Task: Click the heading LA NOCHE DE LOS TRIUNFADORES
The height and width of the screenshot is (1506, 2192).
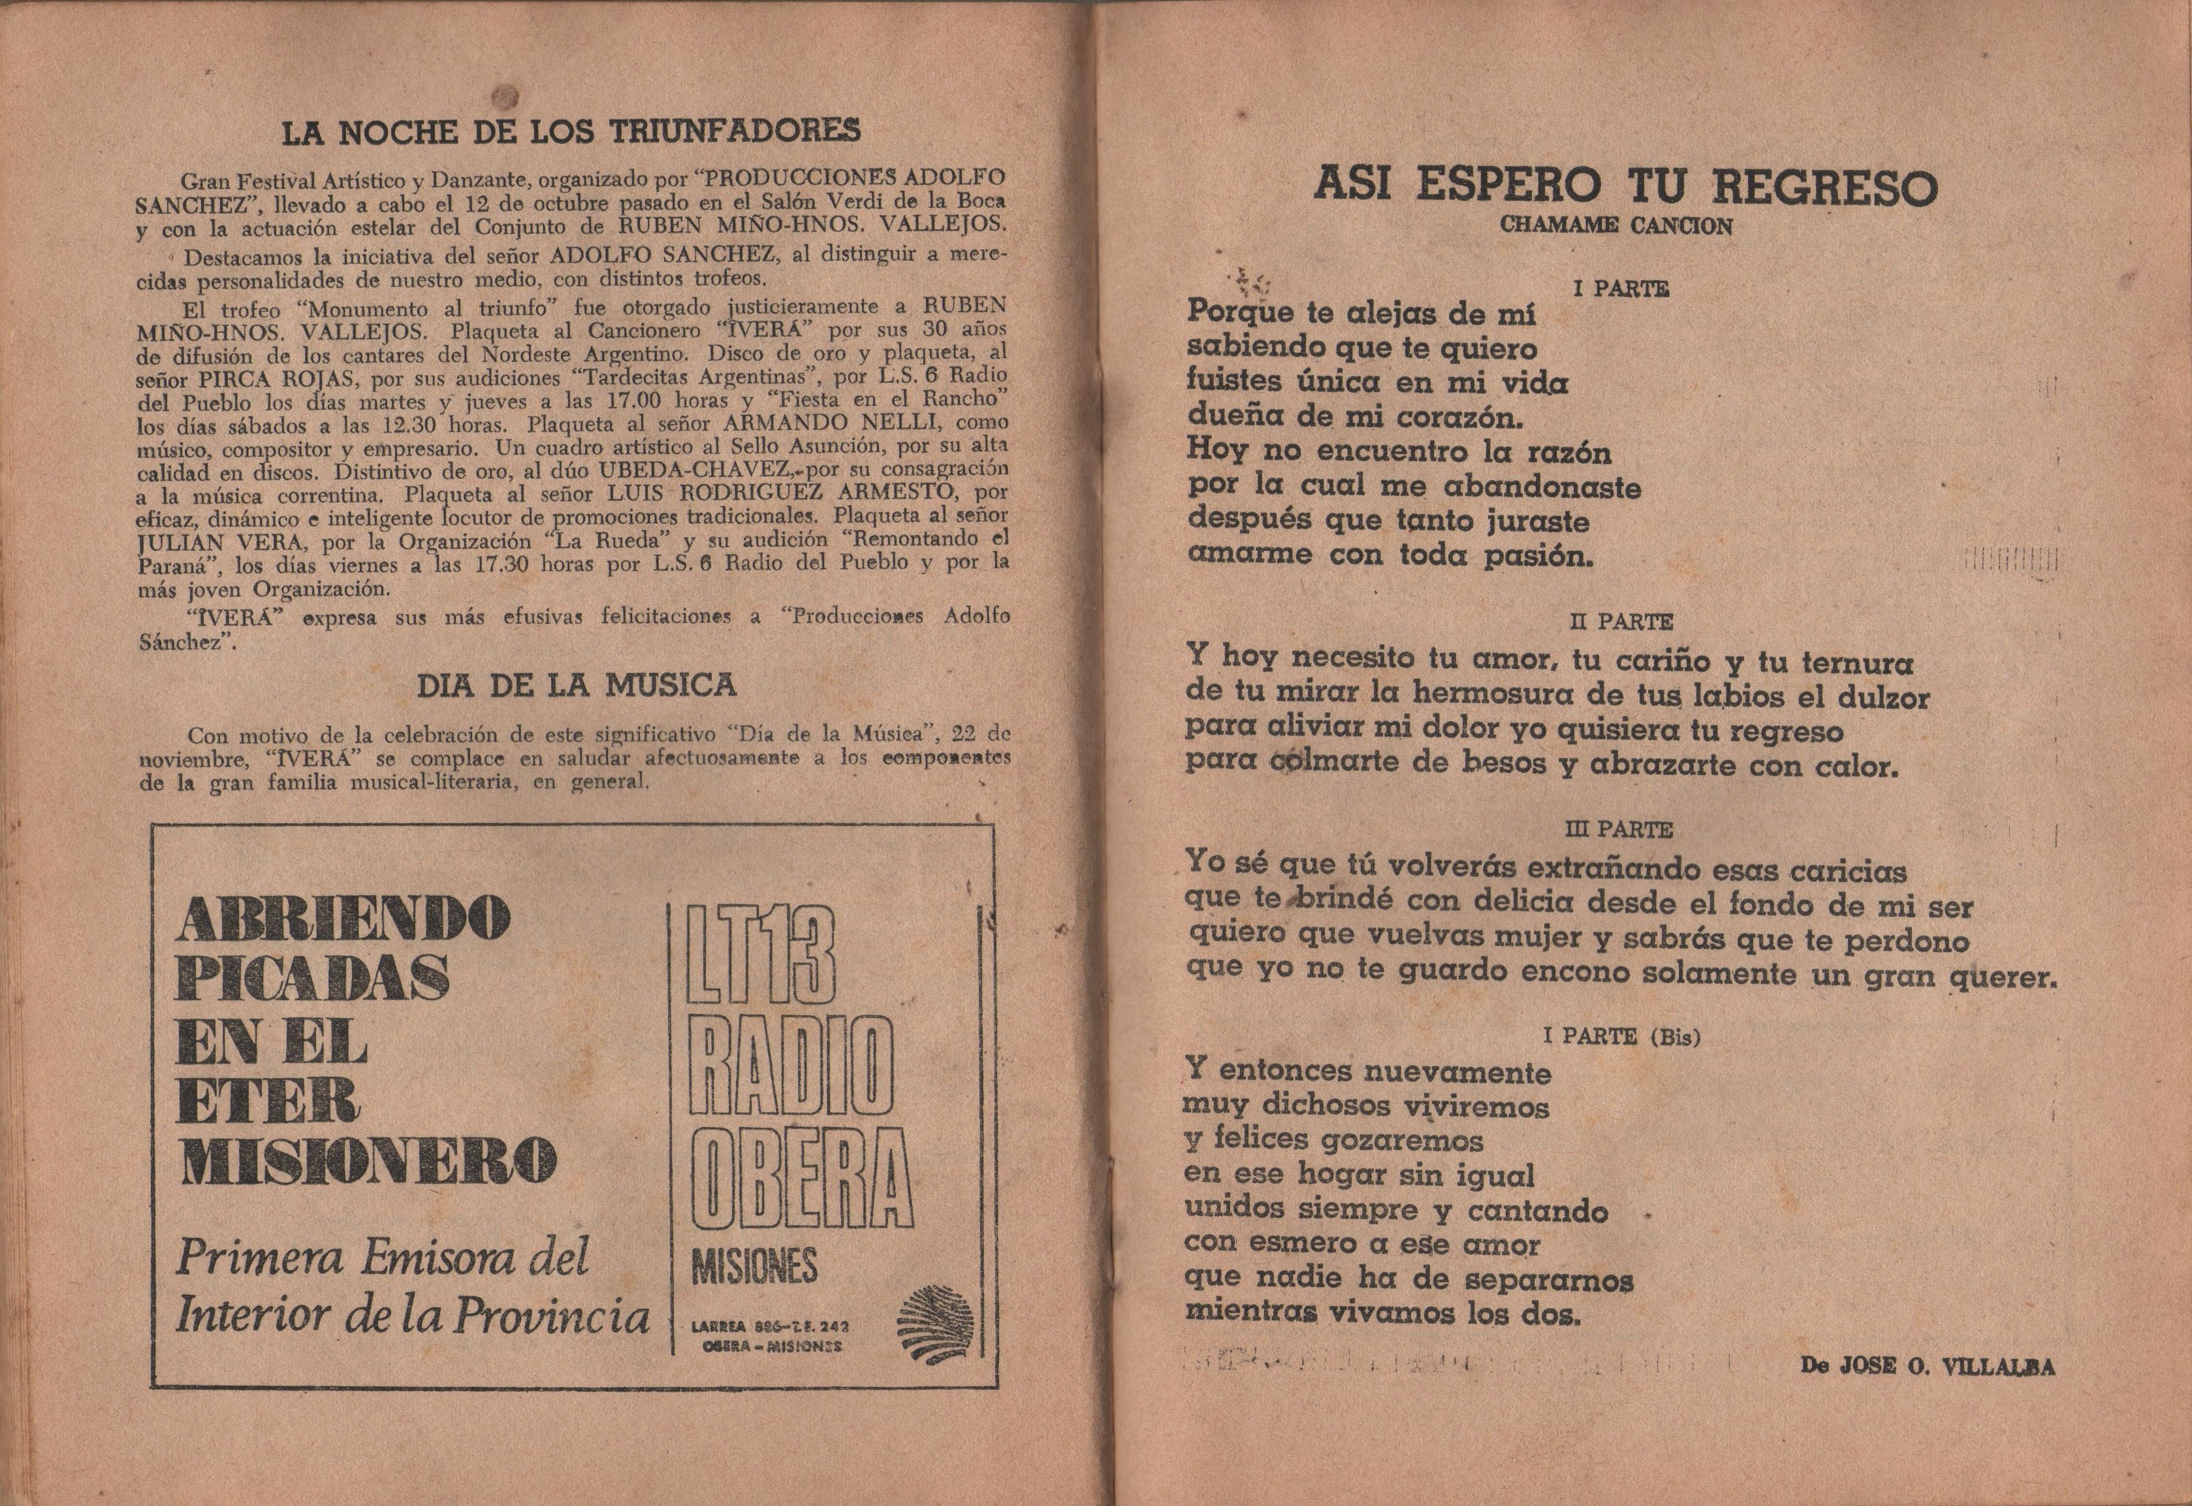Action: coord(571,131)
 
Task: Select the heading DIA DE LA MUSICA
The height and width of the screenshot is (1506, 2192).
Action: coord(577,684)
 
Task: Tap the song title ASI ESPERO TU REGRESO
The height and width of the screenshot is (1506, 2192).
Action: coord(1625,186)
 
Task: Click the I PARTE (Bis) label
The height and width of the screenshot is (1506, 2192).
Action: coord(1621,1036)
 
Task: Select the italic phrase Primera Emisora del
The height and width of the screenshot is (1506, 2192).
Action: coord(383,1258)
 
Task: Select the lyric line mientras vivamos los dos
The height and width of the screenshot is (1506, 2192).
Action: coord(1382,1313)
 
